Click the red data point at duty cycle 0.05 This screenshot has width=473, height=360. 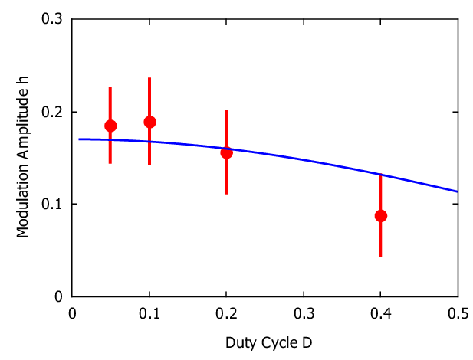(110, 126)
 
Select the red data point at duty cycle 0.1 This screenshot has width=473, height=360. (149, 122)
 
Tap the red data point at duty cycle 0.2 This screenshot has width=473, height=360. (226, 152)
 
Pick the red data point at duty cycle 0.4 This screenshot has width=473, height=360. (381, 216)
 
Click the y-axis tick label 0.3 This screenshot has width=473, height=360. (52, 19)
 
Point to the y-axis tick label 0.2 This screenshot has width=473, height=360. (52, 112)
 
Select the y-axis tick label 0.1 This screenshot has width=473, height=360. (52, 204)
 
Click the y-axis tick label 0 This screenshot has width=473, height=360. (58, 296)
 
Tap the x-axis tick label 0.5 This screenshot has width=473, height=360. (458, 314)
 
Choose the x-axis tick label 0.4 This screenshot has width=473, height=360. (381, 314)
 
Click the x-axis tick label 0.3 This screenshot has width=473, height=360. (304, 314)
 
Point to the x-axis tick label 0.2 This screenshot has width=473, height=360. (226, 314)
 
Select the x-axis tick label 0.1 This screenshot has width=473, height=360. (149, 314)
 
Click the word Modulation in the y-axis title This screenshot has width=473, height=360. (22, 201)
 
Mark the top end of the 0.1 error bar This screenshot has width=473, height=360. (149, 78)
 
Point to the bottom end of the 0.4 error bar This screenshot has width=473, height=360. (380, 257)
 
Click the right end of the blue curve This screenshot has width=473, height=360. (458, 191)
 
